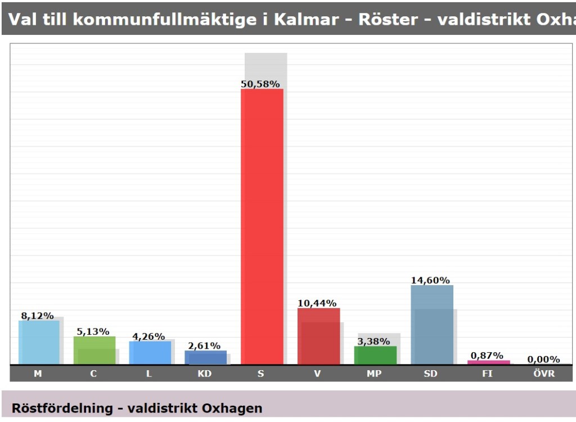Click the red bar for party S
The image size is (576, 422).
[x=262, y=225]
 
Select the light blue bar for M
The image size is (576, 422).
[x=39, y=342]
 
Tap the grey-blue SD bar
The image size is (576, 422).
[x=431, y=325]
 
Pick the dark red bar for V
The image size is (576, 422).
[x=318, y=336]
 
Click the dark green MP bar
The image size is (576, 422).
[x=375, y=355]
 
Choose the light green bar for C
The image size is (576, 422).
[x=94, y=350]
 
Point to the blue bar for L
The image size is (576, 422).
[x=150, y=352]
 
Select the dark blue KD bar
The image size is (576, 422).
[x=205, y=357]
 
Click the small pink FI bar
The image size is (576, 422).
[x=488, y=362]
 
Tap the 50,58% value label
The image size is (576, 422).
[x=260, y=84]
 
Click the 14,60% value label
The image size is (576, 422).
[x=430, y=280]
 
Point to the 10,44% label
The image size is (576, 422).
[x=317, y=303]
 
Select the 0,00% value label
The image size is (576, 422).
[x=543, y=359]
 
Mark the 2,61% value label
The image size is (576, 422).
[x=204, y=345]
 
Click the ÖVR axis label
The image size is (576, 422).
[x=544, y=374]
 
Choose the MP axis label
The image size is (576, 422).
[x=374, y=374]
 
